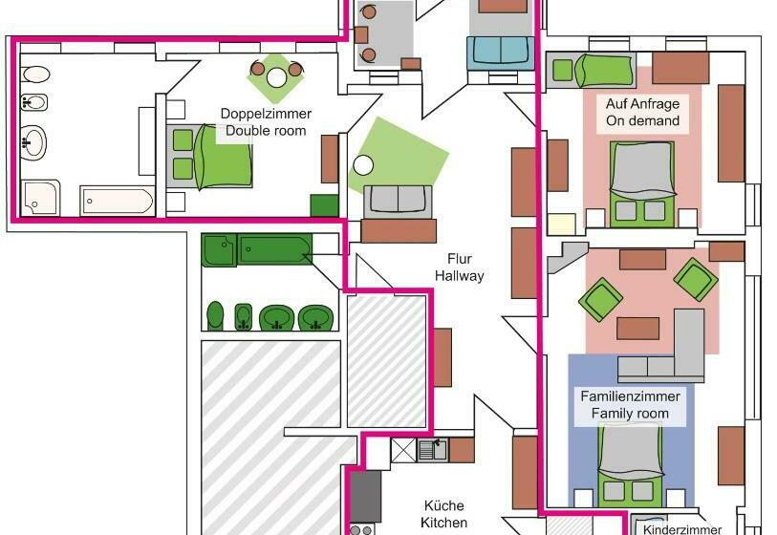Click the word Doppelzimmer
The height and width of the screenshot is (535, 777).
(x=266, y=114)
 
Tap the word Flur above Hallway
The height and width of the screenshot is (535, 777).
(x=460, y=259)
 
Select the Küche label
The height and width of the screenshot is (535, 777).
(x=444, y=505)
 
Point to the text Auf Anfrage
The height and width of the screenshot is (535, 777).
(x=642, y=103)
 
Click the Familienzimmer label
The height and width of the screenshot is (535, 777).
(x=629, y=396)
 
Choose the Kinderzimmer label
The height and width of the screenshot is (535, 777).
(x=682, y=528)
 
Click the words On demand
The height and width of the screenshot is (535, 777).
(x=642, y=121)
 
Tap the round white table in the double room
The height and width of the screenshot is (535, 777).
(x=276, y=78)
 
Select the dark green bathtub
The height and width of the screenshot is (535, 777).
(x=274, y=250)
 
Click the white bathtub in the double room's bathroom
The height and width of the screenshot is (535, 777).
(x=117, y=202)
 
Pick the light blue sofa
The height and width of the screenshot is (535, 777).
(x=500, y=50)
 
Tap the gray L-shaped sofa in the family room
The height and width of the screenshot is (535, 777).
(x=669, y=353)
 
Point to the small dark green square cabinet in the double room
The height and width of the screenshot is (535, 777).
(x=324, y=205)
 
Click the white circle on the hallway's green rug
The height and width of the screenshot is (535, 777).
(x=363, y=164)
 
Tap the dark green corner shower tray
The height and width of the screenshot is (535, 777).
(x=219, y=250)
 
